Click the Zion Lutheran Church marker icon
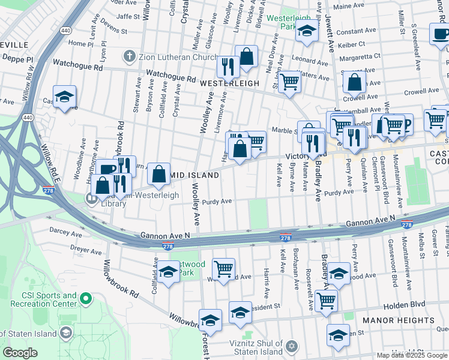pyautogui.click(x=128, y=57)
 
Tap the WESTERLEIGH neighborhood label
pyautogui.click(x=229, y=83)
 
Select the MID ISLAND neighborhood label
pyautogui.click(x=195, y=175)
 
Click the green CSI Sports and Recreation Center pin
pyautogui.click(x=85, y=298)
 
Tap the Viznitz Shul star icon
pyautogui.click(x=292, y=347)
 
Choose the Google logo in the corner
pyautogui.click(x=20, y=353)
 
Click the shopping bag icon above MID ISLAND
pyautogui.click(x=158, y=174)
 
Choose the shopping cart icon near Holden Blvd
pyautogui.click(x=326, y=299)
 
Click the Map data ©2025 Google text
pyautogui.click(x=412, y=355)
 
